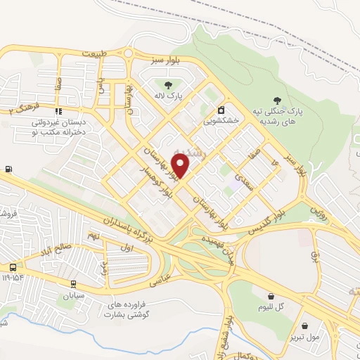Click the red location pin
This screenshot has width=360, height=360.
click(181, 165)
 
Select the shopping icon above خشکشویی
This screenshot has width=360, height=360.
click(221, 110)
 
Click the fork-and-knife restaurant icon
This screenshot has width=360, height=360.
click(58, 110)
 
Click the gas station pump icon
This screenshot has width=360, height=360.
click(8, 169)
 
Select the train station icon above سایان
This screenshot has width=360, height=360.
click(73, 283)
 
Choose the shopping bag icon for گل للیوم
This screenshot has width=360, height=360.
click(271, 296)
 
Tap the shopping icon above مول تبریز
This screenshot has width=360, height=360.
click(304, 326)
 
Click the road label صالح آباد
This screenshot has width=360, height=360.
click(56, 248)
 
